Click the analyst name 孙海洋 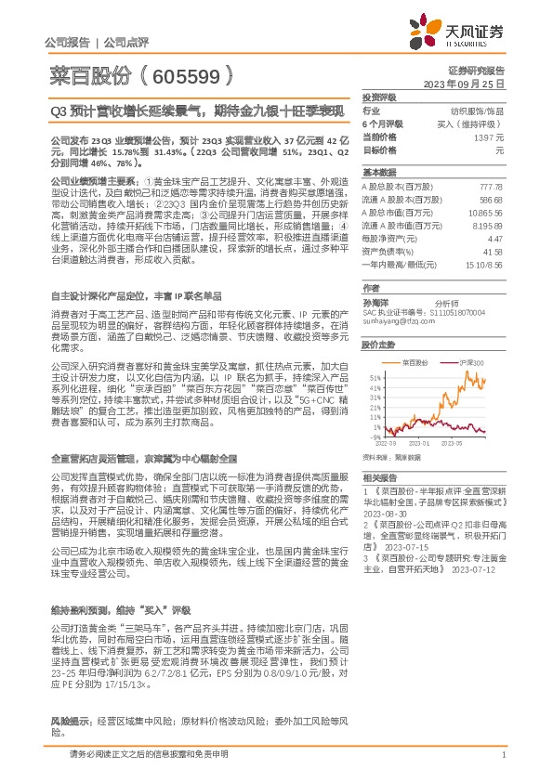[x=376, y=302]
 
